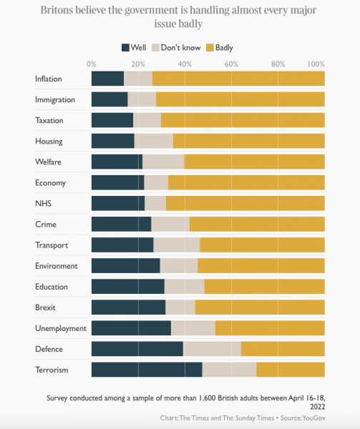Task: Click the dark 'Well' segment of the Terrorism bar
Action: click(x=146, y=370)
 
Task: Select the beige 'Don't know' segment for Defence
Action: click(x=212, y=349)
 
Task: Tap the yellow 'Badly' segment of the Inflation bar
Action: click(x=238, y=79)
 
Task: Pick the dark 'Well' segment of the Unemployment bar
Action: click(x=131, y=328)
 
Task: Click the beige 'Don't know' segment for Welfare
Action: click(x=163, y=162)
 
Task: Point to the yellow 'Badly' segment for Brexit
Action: click(x=259, y=307)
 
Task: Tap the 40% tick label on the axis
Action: click(x=185, y=64)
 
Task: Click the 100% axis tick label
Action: click(x=316, y=64)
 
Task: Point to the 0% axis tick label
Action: click(x=91, y=64)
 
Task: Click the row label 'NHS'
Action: click(x=43, y=203)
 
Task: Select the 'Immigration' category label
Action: click(x=54, y=99)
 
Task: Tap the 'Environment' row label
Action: click(x=56, y=266)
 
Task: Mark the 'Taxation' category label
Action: click(x=49, y=120)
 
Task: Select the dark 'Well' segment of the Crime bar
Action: click(x=121, y=224)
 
